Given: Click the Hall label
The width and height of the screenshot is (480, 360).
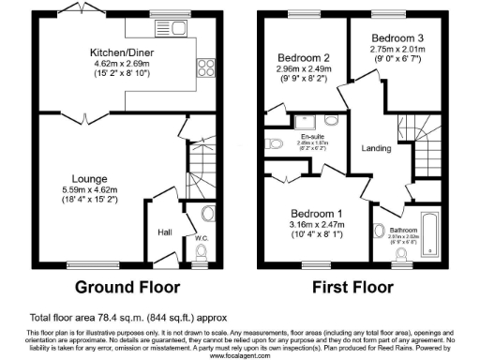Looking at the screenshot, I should click(165, 231).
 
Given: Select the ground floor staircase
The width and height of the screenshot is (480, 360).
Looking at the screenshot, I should click(199, 169).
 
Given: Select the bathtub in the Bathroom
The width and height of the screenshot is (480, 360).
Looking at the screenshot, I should click(431, 234).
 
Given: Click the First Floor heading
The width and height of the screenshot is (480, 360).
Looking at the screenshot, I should click(364, 287).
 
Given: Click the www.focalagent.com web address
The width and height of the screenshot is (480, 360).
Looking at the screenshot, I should click(239, 356).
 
